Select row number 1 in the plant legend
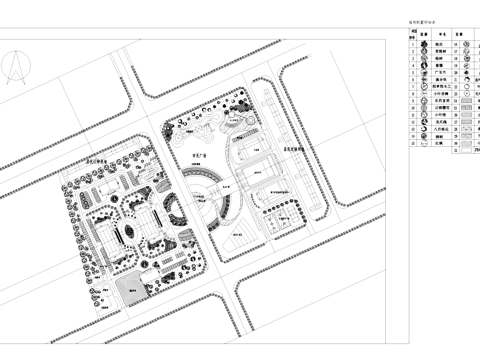(x=412, y=44)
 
